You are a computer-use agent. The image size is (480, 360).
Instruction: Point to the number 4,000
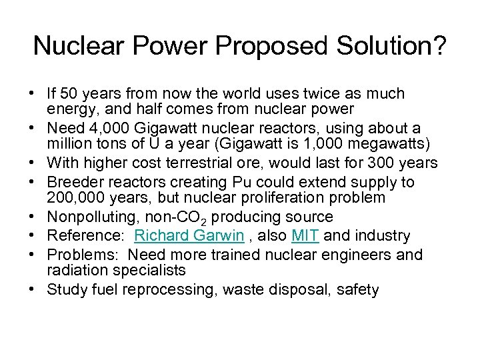pyautogui.click(x=104, y=127)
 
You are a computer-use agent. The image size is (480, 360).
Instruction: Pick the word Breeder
pyautogui.click(x=75, y=182)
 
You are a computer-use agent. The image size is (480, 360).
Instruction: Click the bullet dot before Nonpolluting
pyautogui.click(x=36, y=217)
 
